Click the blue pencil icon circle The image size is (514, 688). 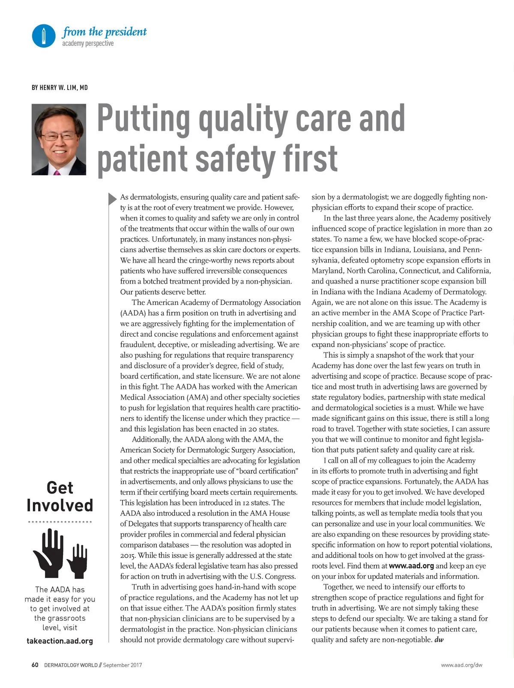44,36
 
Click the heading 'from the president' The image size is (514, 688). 104,32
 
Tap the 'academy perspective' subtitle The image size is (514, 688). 88,44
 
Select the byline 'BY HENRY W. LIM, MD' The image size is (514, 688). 60,88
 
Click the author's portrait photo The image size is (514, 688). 59,139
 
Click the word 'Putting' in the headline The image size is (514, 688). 143,119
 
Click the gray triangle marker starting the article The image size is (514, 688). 112,198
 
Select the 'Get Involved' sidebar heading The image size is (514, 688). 60,497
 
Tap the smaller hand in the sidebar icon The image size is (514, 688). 77,559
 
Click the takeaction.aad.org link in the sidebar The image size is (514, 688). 60,641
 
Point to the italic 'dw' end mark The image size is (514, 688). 439,640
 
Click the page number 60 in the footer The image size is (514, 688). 35,665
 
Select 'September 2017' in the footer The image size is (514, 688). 123,665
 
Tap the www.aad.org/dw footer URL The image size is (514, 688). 461,665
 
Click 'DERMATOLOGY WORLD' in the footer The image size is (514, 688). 71,665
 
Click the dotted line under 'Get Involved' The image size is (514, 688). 60,522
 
